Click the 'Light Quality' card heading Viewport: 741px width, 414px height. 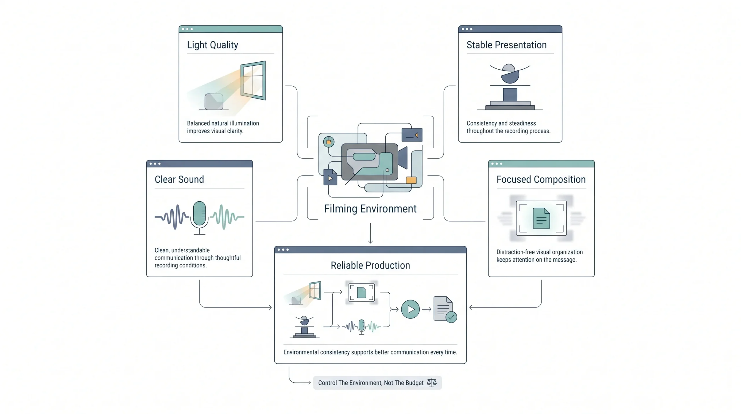pos(212,45)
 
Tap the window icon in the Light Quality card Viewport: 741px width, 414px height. pos(253,80)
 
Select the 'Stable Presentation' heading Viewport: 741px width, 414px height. pos(507,45)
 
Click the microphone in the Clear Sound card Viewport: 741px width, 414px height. pos(199,217)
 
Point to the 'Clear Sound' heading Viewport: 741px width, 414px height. pos(179,179)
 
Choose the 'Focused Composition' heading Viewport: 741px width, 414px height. pos(541,179)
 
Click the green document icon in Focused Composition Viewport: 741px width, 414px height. pos(541,218)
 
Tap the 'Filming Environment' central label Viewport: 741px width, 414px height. pos(370,209)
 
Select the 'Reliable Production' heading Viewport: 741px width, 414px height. pos(370,265)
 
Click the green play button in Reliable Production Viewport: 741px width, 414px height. pos(410,309)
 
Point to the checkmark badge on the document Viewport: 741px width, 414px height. pos(451,317)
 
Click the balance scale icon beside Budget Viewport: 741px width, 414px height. pos(432,383)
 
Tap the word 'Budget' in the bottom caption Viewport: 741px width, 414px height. pos(414,383)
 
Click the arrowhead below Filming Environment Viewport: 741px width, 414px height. pos(370,241)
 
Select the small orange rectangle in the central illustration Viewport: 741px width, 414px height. pos(411,180)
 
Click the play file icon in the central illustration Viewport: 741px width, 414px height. pos(330,177)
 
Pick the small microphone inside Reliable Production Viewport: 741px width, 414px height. pos(362,327)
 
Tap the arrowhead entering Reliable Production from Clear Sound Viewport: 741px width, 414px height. pos(270,307)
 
